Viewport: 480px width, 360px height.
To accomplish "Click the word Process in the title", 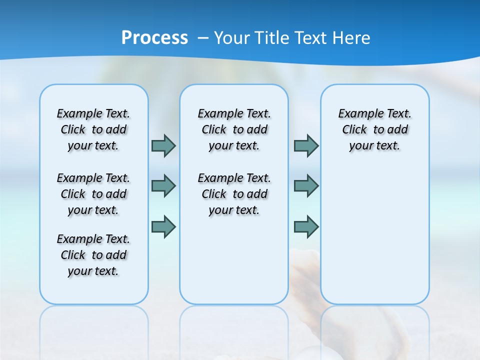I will [154, 37].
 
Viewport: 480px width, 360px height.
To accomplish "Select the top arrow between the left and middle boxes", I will [163, 145].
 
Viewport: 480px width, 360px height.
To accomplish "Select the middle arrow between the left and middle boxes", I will [163, 186].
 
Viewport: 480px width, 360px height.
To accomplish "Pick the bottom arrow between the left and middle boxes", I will [163, 226].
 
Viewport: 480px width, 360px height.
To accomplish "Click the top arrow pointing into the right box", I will [306, 145].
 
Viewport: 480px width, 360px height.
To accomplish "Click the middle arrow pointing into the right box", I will [306, 186].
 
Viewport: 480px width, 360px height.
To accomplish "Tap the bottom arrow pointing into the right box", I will [306, 226].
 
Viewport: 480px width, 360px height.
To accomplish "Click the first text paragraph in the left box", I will [93, 129].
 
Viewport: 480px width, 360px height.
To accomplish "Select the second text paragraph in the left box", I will [93, 194].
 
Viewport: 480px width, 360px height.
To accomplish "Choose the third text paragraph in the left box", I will [93, 255].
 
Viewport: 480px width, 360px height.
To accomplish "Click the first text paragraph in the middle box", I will [234, 129].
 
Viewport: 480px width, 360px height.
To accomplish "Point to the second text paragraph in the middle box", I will [234, 194].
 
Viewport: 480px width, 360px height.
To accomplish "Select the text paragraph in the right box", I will [374, 129].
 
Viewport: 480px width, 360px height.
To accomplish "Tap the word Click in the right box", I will [354, 130].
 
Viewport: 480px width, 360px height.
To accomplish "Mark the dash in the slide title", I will [203, 37].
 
